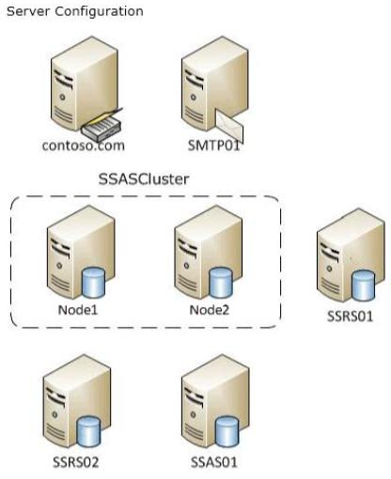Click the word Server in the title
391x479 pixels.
coord(28,11)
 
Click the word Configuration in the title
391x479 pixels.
coord(100,12)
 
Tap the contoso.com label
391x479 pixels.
coord(84,146)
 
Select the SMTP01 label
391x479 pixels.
coord(213,146)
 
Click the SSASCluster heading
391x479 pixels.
coord(144,179)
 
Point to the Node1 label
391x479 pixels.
coord(78,310)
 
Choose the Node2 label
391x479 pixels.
coord(210,310)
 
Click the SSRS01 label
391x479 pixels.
coord(350,317)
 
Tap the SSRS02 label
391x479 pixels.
coord(75,462)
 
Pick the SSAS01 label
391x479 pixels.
coord(214,462)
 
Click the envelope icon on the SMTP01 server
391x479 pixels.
coord(229,126)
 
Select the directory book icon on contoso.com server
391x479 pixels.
coord(102,125)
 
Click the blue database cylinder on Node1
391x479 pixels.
coord(93,283)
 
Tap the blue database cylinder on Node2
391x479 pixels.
coord(221,283)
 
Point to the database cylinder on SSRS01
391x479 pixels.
coord(363,286)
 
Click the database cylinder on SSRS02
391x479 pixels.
coord(89,431)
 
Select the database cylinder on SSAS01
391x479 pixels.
coord(227,431)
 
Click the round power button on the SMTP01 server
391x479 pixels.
coord(194,98)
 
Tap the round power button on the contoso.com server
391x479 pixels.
coord(63,97)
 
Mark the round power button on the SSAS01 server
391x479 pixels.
coord(194,414)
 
